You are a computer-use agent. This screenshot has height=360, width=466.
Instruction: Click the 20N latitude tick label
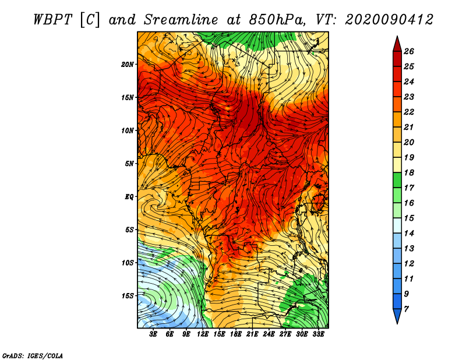(x=128, y=65)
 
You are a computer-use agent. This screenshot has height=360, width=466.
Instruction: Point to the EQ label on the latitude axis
(x=129, y=197)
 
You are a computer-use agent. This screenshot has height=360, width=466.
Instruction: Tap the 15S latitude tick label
(x=128, y=296)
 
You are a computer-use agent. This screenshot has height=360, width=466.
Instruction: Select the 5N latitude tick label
(x=129, y=164)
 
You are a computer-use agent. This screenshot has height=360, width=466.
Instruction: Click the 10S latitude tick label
(x=128, y=263)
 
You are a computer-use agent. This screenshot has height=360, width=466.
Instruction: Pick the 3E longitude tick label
(x=153, y=334)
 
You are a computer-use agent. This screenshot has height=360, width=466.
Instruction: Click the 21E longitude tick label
(x=252, y=334)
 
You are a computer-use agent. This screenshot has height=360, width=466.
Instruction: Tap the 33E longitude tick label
(x=318, y=334)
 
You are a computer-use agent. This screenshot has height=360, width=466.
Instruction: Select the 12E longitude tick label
(x=203, y=334)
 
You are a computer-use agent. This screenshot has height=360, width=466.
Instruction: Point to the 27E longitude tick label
(x=285, y=334)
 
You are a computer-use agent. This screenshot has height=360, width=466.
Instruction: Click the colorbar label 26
(x=409, y=51)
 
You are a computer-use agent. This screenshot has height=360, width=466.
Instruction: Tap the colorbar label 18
(x=409, y=172)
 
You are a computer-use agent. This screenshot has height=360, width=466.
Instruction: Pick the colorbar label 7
(x=406, y=309)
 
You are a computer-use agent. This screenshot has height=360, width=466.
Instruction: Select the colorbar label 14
(x=409, y=234)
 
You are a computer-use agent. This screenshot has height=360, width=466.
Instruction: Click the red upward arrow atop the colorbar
(x=397, y=44)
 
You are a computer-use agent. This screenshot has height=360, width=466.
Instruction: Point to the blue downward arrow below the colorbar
(x=397, y=316)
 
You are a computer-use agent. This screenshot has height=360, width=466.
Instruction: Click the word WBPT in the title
(x=53, y=20)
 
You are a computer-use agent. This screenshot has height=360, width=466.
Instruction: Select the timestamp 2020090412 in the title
(x=389, y=20)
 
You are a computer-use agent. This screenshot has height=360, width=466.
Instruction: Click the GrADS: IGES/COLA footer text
(x=33, y=356)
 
